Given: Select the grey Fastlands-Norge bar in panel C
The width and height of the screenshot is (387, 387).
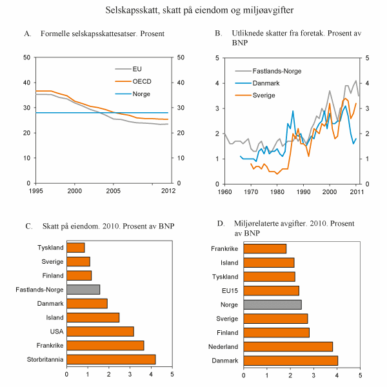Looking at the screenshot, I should click(x=83, y=290).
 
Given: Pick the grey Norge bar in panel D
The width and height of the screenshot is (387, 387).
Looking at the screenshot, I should click(x=272, y=304).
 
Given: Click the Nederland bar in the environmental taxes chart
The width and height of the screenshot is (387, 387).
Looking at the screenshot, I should click(x=288, y=346).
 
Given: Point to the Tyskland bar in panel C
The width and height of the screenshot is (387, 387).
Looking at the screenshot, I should click(x=75, y=248).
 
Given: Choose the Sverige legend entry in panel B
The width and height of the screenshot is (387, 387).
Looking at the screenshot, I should click(x=263, y=95).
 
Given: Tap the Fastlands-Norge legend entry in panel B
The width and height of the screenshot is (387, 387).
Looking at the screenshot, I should click(x=277, y=71).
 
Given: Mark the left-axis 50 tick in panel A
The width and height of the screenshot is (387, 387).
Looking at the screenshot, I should click(x=28, y=57).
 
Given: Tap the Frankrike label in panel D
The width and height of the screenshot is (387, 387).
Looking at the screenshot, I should click(x=225, y=248).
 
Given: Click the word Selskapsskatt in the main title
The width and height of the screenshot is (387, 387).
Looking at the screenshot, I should click(x=133, y=10).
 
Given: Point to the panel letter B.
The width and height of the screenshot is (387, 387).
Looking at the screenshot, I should click(x=218, y=33).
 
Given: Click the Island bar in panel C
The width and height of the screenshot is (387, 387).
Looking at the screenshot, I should click(x=93, y=317).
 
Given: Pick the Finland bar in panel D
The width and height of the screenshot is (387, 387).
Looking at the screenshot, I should click(x=276, y=332).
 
